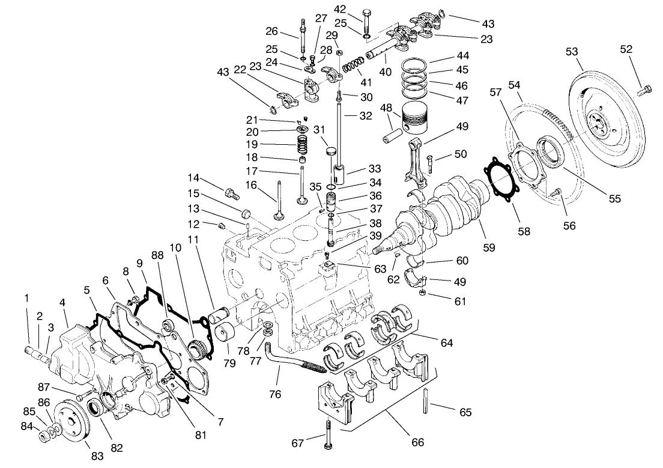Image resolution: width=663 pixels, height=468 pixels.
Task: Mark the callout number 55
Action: (x=613, y=198)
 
